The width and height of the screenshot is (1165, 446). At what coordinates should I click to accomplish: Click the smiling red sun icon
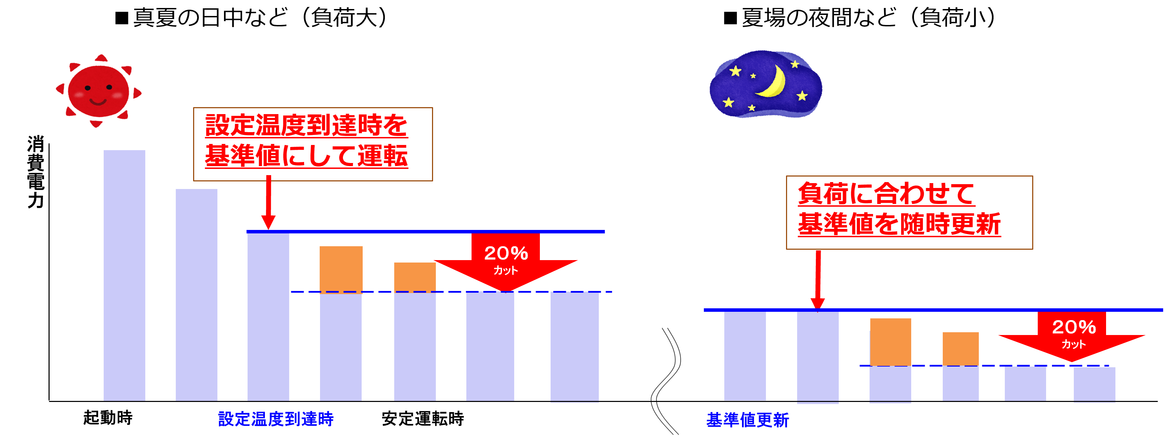(98, 91)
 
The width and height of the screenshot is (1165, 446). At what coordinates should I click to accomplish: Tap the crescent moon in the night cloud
(774, 82)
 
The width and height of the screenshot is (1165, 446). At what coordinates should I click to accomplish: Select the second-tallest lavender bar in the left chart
(196, 294)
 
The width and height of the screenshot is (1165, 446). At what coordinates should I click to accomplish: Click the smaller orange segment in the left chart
(415, 277)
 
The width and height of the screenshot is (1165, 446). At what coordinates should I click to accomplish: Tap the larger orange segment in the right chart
(890, 342)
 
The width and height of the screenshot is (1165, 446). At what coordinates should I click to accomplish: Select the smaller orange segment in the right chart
(960, 349)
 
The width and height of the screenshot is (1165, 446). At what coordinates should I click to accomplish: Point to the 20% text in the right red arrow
(1074, 327)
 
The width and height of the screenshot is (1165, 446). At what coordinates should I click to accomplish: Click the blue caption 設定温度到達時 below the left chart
(276, 419)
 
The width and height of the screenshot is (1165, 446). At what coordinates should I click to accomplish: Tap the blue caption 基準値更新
(748, 420)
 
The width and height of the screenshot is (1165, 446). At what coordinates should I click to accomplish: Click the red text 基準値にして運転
(306, 156)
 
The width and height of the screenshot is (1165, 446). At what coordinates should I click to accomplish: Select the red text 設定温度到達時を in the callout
(306, 125)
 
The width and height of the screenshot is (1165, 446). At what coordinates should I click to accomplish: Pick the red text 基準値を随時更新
(899, 224)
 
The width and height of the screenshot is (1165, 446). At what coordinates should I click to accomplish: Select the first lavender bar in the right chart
(745, 356)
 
